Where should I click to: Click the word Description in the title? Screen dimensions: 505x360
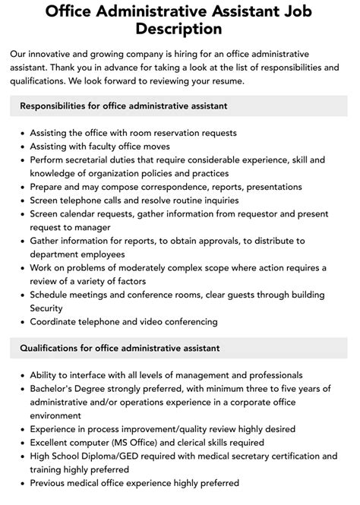click(x=179, y=29)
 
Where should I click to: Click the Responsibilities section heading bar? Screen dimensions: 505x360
click(x=179, y=106)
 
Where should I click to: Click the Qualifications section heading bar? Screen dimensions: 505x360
click(x=179, y=348)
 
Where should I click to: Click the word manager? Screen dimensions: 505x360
click(x=98, y=227)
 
